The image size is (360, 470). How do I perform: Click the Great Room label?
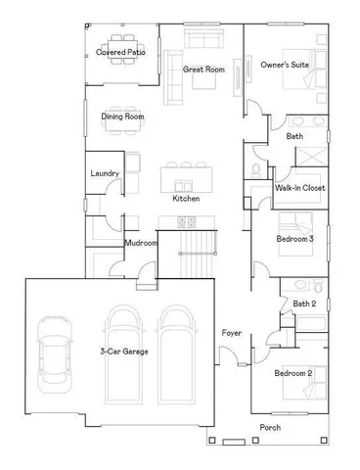[204, 70]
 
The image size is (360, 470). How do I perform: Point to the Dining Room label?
[123, 117]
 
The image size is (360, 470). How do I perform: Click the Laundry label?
[105, 174]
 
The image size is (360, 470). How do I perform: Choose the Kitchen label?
[186, 199]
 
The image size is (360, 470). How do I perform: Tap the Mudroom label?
[141, 243]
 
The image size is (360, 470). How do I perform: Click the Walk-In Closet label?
[299, 187]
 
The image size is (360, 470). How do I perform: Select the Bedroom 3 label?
[294, 238]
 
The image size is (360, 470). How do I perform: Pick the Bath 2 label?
[305, 304]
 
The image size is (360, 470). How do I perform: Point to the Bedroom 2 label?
[292, 373]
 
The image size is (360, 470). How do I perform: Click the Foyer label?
[232, 334]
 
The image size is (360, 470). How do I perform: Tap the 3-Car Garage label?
[124, 351]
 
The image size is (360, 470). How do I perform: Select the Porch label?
[271, 428]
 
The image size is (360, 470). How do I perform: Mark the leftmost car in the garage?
[54, 352]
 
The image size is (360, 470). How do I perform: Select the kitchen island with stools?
[185, 176]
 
